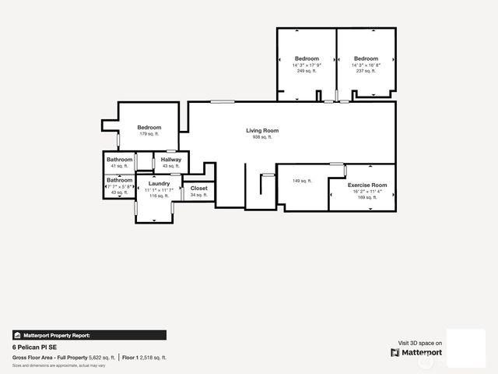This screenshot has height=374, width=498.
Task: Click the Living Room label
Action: (262, 131)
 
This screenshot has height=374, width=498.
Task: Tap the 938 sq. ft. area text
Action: (262, 137)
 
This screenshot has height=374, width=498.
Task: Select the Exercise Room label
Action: (367, 185)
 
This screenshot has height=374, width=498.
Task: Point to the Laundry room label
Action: (159, 183)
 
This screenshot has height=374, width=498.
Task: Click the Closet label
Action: (198, 188)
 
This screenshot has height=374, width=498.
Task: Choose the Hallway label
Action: (171, 160)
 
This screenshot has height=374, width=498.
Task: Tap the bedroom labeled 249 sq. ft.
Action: (307, 58)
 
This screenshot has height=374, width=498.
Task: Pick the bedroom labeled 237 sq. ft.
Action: (366, 58)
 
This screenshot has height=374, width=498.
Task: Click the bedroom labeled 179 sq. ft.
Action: (149, 128)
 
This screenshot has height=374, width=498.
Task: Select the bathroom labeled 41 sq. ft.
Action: (120, 160)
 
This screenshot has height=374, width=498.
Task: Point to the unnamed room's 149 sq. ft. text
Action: (302, 181)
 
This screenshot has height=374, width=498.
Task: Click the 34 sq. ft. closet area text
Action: (198, 195)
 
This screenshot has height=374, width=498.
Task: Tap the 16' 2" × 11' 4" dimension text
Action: (367, 191)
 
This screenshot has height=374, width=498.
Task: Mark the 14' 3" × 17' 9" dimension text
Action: (307, 65)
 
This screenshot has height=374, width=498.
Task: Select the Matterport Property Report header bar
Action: (89, 335)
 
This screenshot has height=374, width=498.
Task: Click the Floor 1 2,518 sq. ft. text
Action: (144, 358)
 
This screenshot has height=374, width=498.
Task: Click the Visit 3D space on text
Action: (420, 343)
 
